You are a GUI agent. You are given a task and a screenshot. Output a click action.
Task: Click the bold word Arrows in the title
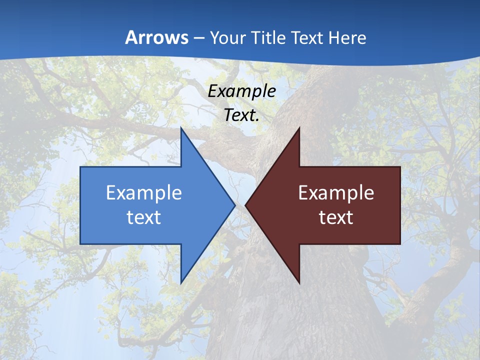click(157, 37)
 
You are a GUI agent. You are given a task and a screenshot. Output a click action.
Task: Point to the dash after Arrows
click(198, 38)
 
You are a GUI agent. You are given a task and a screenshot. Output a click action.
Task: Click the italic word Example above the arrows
click(241, 91)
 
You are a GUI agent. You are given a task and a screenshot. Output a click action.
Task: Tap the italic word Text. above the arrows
click(241, 115)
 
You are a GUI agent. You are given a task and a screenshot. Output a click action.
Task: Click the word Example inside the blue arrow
click(144, 192)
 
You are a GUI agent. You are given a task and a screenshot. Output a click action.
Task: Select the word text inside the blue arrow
click(144, 217)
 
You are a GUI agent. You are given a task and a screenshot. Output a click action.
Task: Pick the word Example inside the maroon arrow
click(336, 192)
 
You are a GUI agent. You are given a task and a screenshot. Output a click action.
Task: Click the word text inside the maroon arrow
click(336, 217)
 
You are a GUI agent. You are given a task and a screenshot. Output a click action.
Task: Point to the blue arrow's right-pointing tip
click(234, 205)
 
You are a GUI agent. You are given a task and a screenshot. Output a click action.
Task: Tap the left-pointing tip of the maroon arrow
click(245, 205)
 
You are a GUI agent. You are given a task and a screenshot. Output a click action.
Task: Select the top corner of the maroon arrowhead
click(299, 128)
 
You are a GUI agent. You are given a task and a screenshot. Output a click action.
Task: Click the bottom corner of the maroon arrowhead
click(299, 283)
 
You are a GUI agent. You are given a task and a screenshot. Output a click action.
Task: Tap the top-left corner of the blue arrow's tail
click(80, 167)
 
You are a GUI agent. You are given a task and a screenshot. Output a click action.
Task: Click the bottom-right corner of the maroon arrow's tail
click(400, 244)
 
